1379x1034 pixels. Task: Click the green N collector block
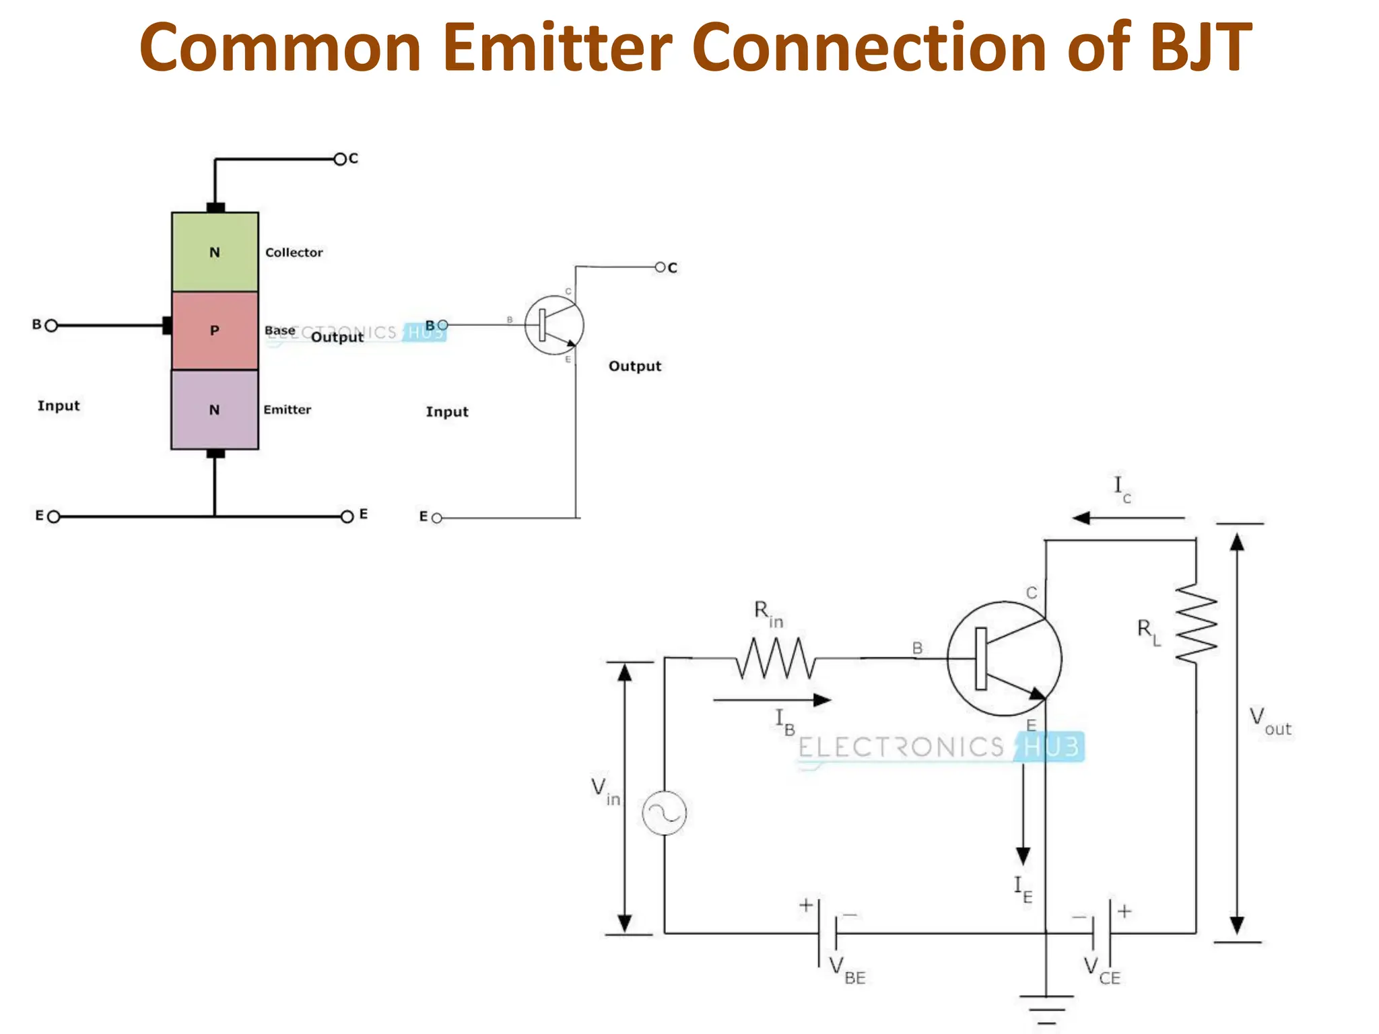pos(215,252)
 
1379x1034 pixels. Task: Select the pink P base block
pos(215,331)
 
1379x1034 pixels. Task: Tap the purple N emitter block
pos(215,409)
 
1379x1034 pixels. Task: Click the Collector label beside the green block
pos(294,252)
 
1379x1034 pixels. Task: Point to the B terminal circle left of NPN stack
pos(51,326)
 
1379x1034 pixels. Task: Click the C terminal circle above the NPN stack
pos(340,160)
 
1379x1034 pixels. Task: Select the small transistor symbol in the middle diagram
pos(554,325)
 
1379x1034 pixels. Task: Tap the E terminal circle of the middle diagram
pos(437,518)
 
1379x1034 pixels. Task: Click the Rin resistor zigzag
pos(776,658)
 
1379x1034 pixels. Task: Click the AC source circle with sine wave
pos(665,813)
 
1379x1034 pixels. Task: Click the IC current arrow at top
pos(1128,518)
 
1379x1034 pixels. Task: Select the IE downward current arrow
pos(1023,815)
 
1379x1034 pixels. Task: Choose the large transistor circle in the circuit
pos(1004,658)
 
